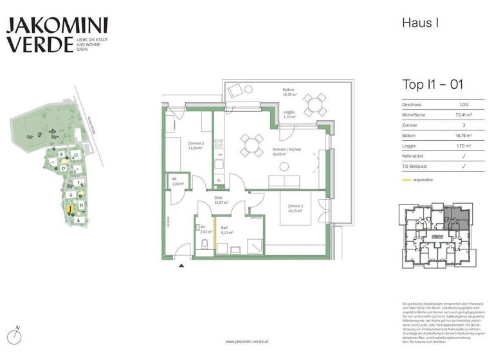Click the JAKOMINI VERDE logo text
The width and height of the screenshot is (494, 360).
tap(57, 35)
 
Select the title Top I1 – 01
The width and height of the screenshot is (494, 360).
tap(432, 84)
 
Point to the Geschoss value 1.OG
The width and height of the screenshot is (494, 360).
tap(463, 104)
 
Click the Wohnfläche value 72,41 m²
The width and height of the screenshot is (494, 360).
tap(463, 115)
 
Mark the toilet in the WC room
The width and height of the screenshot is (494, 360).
tap(204, 244)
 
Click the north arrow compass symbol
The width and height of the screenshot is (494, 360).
tap(17, 336)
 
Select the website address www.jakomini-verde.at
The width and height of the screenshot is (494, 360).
tap(247, 341)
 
